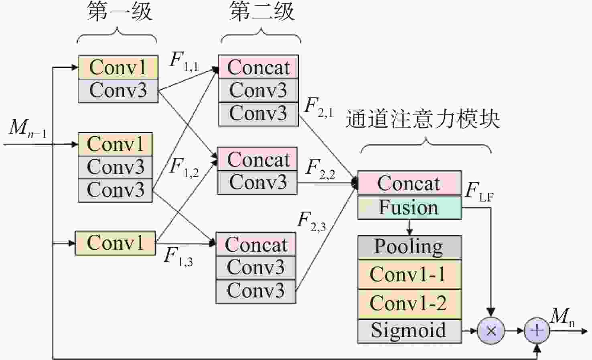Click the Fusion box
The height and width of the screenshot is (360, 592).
tap(410, 208)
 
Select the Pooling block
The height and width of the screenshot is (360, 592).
tap(410, 247)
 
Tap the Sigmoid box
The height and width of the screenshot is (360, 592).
tap(410, 332)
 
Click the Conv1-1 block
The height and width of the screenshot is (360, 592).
tap(410, 275)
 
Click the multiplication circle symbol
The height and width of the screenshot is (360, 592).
tap(491, 331)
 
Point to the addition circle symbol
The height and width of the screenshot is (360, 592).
tap(537, 331)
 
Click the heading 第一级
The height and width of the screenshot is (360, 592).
tap(120, 11)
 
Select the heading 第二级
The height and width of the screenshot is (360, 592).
tap(262, 11)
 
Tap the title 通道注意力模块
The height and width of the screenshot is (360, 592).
tap(423, 119)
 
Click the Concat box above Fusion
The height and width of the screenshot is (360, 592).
tap(410, 183)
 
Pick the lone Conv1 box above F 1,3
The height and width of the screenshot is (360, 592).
tap(115, 243)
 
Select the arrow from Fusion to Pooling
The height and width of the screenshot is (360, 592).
tap(410, 228)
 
